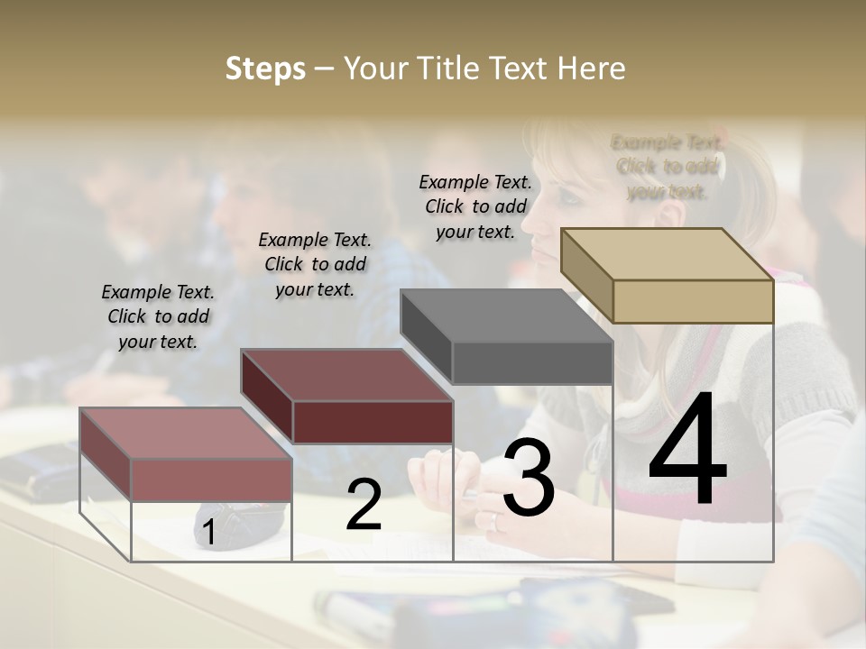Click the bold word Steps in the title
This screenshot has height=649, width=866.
click(265, 69)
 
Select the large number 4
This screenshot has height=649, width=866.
click(687, 450)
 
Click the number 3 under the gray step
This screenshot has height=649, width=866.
click(529, 478)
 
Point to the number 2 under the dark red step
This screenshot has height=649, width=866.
click(364, 505)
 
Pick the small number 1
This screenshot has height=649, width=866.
click(208, 534)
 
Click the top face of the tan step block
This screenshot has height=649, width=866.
click(666, 254)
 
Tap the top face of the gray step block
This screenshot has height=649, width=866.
click(505, 316)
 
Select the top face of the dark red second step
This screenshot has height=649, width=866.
click(345, 375)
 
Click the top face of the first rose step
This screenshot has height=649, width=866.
click(185, 434)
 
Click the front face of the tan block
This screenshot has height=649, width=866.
click(693, 301)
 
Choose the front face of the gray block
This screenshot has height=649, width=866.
click(532, 363)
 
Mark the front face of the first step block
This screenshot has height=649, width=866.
click(211, 480)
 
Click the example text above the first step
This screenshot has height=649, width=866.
click(158, 317)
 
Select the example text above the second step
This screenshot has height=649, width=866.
click(315, 264)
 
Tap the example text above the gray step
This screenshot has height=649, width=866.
click(475, 206)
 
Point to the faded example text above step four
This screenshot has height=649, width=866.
click(668, 167)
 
